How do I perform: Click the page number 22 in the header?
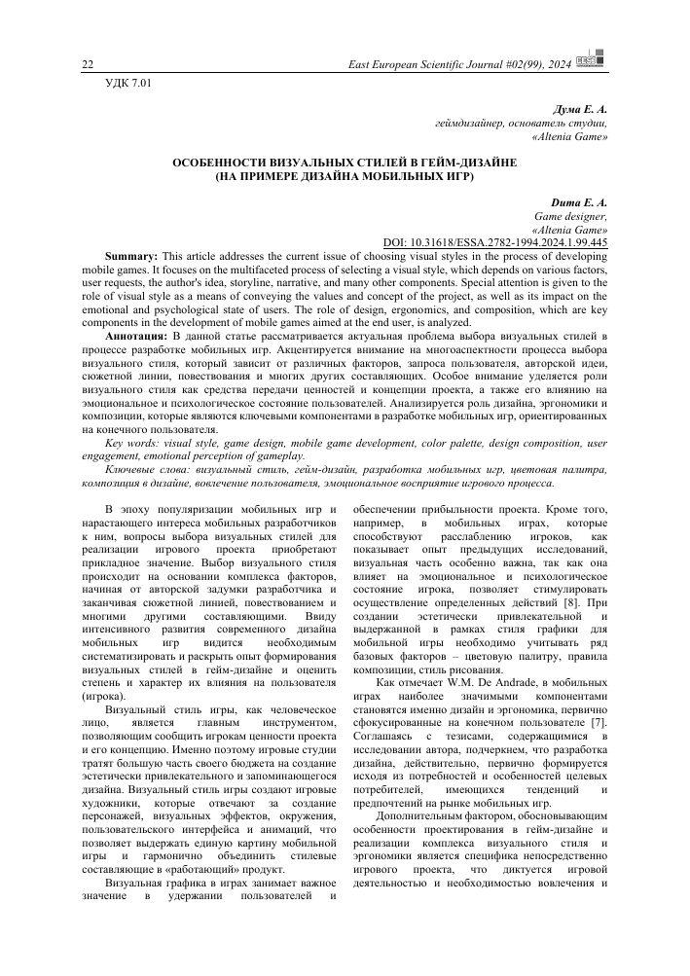coord(87,64)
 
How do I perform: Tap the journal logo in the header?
coord(588,62)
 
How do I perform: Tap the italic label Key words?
coord(133,443)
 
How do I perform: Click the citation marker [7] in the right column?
coord(599,726)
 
